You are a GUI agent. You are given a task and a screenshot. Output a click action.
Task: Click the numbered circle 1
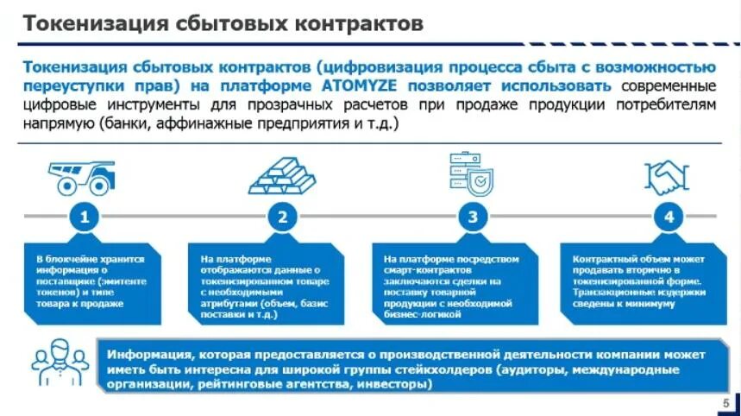pyautogui.click(x=84, y=217)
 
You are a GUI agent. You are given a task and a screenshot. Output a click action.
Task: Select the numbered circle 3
pyautogui.click(x=472, y=217)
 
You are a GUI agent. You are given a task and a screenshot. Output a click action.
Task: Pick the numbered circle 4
pyautogui.click(x=669, y=217)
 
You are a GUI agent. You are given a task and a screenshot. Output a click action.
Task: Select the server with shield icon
pyautogui.click(x=471, y=173)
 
